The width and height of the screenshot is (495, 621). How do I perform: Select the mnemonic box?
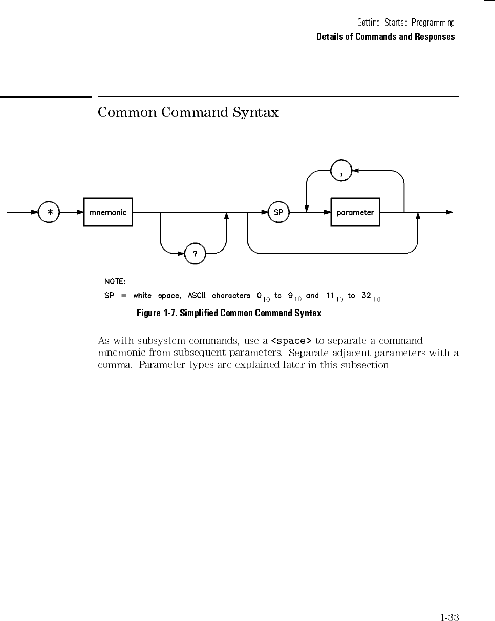pyautogui.click(x=108, y=212)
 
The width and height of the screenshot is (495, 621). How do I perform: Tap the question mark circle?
pyautogui.click(x=195, y=254)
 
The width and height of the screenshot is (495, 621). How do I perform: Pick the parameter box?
pyautogui.click(x=355, y=212)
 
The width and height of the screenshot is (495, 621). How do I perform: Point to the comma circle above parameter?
pyautogui.click(x=341, y=172)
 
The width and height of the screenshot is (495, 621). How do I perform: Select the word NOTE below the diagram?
pyautogui.click(x=115, y=281)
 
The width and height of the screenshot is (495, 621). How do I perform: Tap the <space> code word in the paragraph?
pyautogui.click(x=291, y=341)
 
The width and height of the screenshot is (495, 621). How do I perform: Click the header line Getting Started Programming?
pyautogui.click(x=406, y=23)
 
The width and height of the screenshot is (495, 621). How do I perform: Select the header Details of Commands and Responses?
pyautogui.click(x=385, y=37)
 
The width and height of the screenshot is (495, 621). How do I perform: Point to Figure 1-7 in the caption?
pyautogui.click(x=156, y=313)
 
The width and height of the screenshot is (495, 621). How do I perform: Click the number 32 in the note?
pyautogui.click(x=366, y=296)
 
